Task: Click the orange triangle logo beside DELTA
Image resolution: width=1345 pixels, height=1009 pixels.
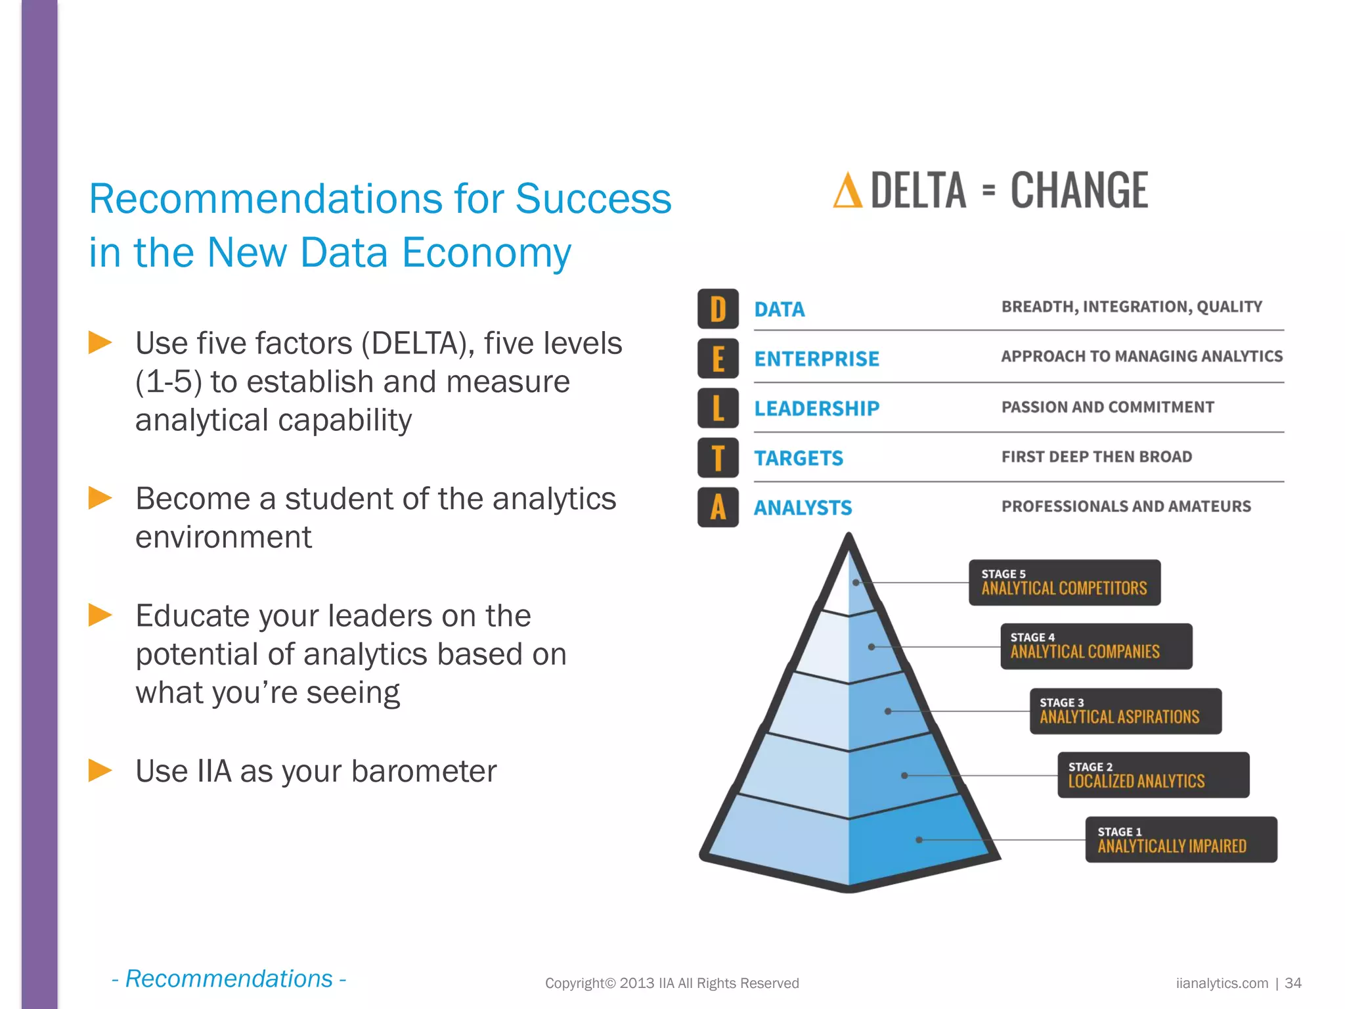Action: (847, 191)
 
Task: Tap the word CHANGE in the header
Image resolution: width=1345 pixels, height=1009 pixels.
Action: (1079, 191)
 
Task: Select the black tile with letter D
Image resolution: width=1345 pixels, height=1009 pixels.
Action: (718, 309)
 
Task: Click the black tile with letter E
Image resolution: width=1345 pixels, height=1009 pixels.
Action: (718, 359)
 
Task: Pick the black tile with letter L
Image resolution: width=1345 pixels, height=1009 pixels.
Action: (718, 408)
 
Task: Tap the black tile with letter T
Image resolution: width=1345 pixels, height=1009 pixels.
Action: (718, 458)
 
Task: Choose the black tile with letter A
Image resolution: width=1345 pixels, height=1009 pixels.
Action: (718, 507)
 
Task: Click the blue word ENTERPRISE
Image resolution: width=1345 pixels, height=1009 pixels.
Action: (816, 359)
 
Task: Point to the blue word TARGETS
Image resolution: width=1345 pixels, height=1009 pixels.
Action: (799, 458)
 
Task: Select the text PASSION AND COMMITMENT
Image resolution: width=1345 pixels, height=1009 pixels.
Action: (1107, 407)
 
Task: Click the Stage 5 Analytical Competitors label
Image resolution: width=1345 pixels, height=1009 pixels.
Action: (1065, 583)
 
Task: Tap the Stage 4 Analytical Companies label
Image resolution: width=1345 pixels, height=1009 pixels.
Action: (1096, 646)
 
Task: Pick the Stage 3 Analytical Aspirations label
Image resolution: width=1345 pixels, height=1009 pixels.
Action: (1126, 711)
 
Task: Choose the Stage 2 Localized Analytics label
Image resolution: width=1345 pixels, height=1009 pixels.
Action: (1153, 775)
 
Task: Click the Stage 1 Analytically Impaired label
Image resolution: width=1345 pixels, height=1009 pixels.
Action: (1181, 840)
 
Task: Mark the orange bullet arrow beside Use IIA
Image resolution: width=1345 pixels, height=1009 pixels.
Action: (100, 770)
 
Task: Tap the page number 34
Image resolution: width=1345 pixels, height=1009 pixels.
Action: (1292, 983)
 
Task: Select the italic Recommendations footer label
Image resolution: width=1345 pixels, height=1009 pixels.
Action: (229, 979)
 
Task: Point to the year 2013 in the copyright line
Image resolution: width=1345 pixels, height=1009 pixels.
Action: (637, 983)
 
